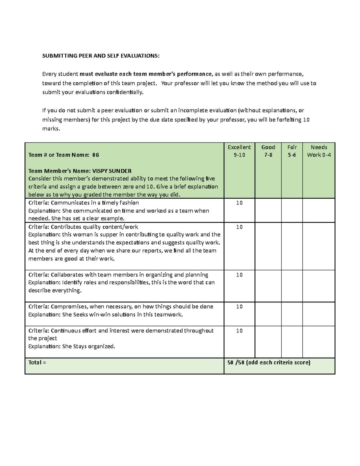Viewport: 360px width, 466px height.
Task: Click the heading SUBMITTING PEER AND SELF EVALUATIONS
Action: tap(101, 56)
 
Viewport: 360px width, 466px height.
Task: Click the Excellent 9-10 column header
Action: tap(239, 151)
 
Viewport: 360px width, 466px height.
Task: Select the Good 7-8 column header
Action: tap(268, 151)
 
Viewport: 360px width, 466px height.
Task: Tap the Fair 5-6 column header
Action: tap(292, 151)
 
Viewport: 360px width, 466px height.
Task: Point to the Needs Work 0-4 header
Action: tap(319, 151)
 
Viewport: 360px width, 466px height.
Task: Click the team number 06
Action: tap(95, 155)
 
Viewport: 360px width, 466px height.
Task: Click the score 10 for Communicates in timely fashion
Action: tap(239, 203)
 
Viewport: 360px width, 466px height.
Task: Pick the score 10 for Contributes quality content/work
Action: tap(239, 227)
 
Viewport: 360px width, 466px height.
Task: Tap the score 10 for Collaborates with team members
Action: tap(239, 275)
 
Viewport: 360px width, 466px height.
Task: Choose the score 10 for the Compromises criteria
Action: tap(239, 307)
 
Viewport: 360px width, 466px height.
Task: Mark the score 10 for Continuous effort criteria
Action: tap(239, 331)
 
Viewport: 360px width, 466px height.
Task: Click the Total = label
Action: tap(37, 362)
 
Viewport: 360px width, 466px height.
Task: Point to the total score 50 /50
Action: tap(236, 362)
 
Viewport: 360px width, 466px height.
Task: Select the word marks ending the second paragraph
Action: tap(51, 129)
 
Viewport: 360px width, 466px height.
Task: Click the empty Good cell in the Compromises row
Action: tap(268, 314)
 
